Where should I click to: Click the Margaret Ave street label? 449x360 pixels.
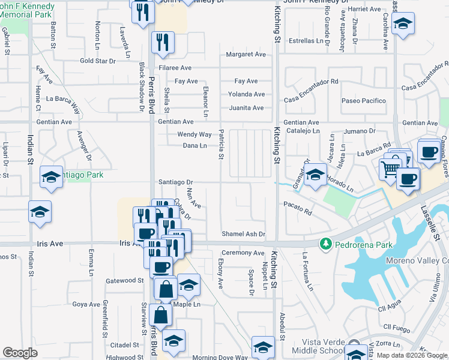pyautogui.click(x=246, y=55)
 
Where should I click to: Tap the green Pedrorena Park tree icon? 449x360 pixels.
pyautogui.click(x=325, y=244)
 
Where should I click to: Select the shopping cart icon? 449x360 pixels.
pyautogui.click(x=390, y=169)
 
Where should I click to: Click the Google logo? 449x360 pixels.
pyautogui.click(x=20, y=353)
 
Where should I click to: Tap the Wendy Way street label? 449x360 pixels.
pyautogui.click(x=194, y=134)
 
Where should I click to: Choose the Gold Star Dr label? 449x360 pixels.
pyautogui.click(x=97, y=61)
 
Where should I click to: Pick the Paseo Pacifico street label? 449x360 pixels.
pyautogui.click(x=364, y=101)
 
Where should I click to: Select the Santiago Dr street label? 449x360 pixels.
pyautogui.click(x=175, y=182)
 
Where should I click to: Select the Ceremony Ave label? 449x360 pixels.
pyautogui.click(x=243, y=253)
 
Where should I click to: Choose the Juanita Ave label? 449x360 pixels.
pyautogui.click(x=246, y=108)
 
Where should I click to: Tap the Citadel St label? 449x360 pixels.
pyautogui.click(x=125, y=345)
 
